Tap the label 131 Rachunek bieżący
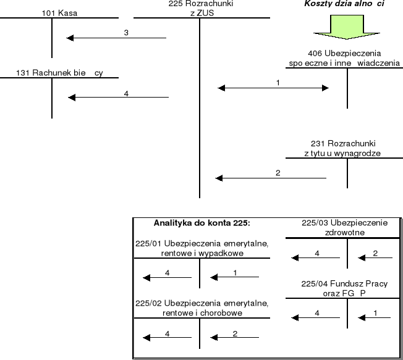click(x=59, y=73)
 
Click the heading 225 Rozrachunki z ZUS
click(x=200, y=8)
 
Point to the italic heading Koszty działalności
click(x=344, y=4)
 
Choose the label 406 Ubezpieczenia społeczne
click(x=344, y=58)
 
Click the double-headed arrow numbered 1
click(x=274, y=88)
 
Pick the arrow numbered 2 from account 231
click(x=271, y=178)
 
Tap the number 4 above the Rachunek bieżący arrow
click(x=126, y=93)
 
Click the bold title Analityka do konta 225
click(x=201, y=223)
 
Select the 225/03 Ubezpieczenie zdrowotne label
click(x=344, y=227)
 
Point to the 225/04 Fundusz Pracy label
click(x=344, y=288)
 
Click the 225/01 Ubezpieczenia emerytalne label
click(x=201, y=248)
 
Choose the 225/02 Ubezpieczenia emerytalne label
click(x=201, y=308)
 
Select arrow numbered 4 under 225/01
click(x=167, y=277)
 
